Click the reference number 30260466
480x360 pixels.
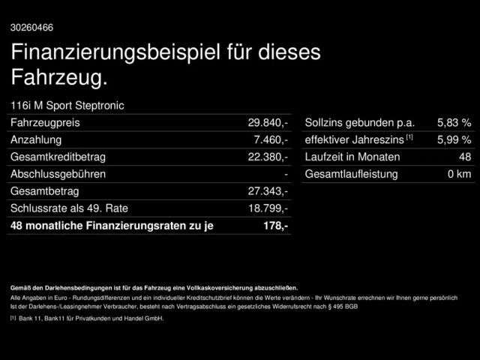point(31,28)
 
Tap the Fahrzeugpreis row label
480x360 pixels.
point(46,122)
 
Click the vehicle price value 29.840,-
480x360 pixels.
point(268,122)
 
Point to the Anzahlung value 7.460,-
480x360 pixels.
point(271,139)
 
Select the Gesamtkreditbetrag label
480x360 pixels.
point(58,157)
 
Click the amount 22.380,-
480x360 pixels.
point(268,157)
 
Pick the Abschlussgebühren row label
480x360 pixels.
point(58,174)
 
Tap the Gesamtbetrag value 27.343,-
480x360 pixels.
point(268,191)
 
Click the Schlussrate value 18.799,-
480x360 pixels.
point(268,208)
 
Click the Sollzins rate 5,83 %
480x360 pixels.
point(454,122)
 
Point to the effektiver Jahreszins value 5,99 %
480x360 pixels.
point(454,139)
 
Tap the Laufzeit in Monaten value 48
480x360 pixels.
point(464,157)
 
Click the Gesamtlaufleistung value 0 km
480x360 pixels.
point(459,174)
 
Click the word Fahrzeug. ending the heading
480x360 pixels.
point(60,76)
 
